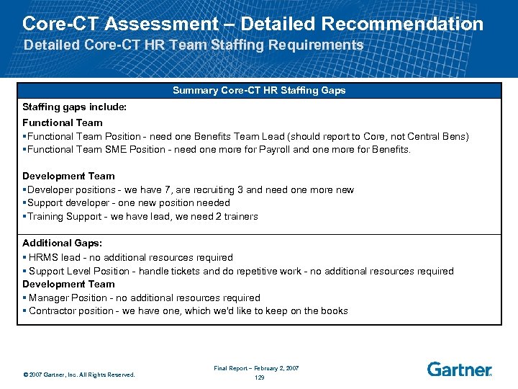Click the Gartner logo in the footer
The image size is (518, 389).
(x=459, y=370)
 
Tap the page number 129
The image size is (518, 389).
(x=259, y=377)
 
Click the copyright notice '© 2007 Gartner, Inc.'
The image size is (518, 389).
(x=78, y=375)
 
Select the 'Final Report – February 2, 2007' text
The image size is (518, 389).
(x=256, y=368)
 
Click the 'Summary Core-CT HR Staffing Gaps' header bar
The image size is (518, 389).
(x=259, y=91)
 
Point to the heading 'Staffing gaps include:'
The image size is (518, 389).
(x=74, y=107)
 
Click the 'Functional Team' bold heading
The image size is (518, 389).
(x=63, y=122)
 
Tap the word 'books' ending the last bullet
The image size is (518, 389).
(x=334, y=311)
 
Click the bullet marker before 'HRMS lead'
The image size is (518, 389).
(x=24, y=258)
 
